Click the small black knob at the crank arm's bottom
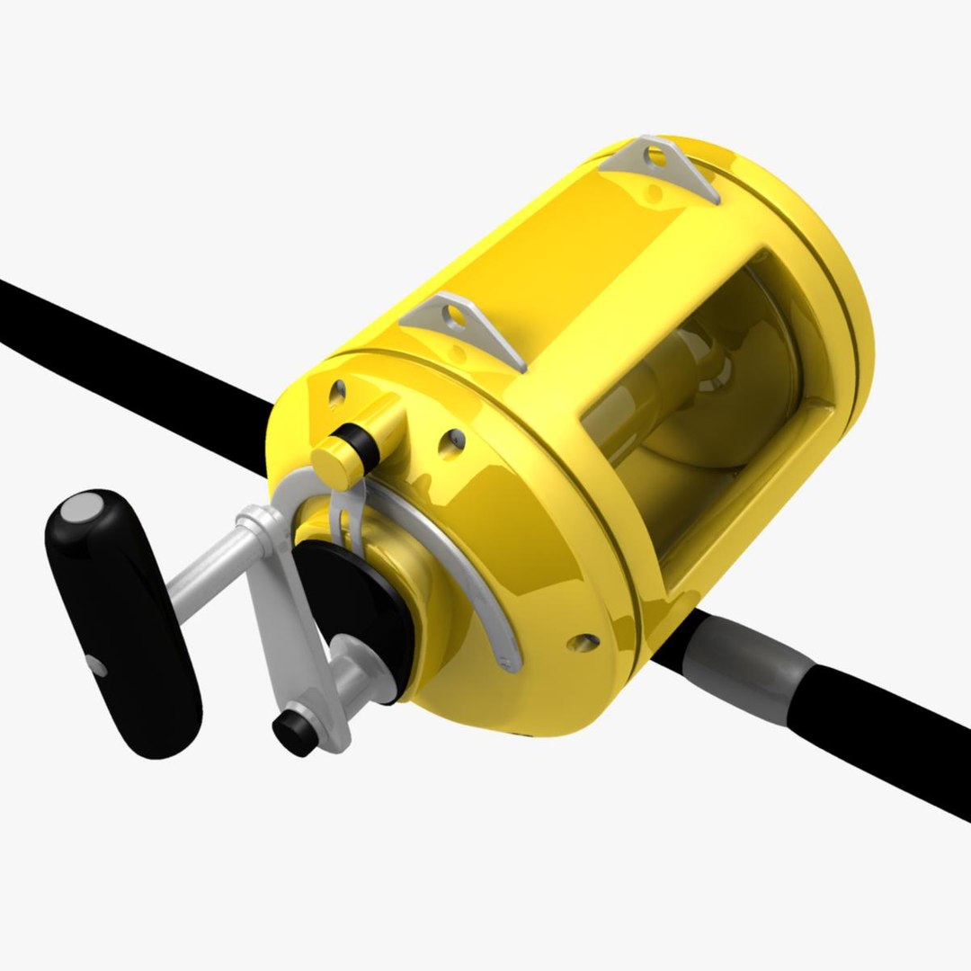click(x=296, y=732)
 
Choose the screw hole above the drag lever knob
click(x=339, y=392)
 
